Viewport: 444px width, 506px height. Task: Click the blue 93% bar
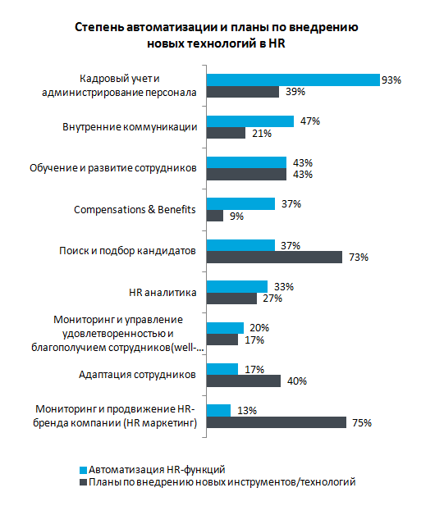[x=293, y=80]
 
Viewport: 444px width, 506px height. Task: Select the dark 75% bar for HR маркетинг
[x=277, y=422]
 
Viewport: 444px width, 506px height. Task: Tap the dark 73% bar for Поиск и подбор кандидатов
[x=274, y=258]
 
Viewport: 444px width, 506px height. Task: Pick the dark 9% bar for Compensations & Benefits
[x=215, y=216]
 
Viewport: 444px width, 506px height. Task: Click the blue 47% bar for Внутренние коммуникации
[x=250, y=121]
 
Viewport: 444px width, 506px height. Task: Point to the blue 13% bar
[x=218, y=411]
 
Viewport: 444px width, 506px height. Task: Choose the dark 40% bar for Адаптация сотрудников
[x=244, y=381]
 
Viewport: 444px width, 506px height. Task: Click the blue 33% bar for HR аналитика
[x=237, y=286]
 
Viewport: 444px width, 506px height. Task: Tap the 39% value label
[x=295, y=92]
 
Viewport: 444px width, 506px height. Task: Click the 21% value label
[x=262, y=134]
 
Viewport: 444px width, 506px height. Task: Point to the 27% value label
[x=272, y=299]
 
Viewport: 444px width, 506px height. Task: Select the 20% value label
[x=259, y=328]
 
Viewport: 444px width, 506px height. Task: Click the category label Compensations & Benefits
[x=135, y=210]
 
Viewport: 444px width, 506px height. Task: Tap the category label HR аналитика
[x=162, y=293]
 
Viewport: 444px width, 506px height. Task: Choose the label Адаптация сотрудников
[x=137, y=375]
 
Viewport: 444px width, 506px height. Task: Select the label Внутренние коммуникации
[x=130, y=127]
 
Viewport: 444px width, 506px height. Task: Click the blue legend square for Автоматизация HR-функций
[x=84, y=470]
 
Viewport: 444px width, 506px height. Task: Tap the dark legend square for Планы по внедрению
[x=84, y=482]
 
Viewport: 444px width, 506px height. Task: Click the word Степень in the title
[x=99, y=27]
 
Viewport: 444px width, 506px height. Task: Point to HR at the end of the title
[x=277, y=43]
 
